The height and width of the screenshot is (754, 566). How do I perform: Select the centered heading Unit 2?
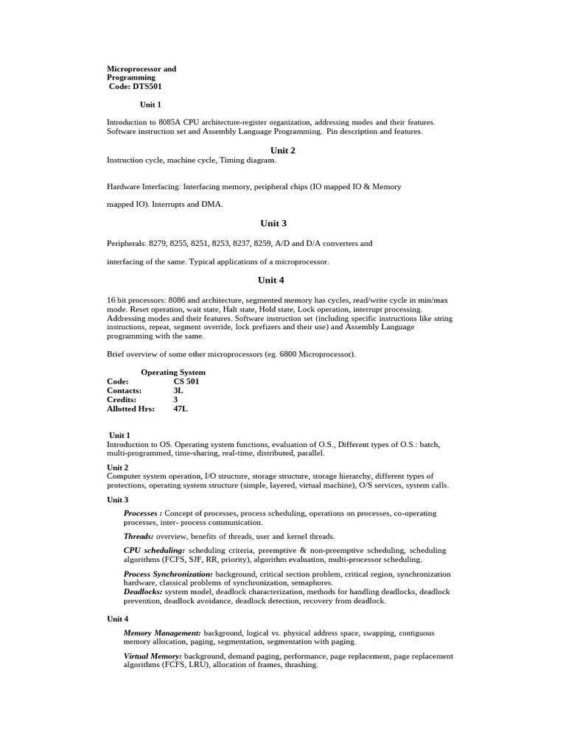click(282, 150)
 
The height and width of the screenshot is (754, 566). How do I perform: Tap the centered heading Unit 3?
click(273, 223)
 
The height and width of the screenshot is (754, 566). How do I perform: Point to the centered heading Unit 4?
click(270, 280)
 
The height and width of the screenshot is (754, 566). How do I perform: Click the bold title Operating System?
click(173, 373)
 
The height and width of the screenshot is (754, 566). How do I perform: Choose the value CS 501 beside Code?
click(186, 381)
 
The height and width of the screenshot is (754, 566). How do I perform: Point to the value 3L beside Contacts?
click(178, 390)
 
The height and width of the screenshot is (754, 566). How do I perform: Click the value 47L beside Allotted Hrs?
click(181, 408)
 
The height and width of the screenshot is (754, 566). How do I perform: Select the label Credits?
click(122, 399)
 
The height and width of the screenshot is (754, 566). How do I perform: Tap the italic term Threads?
click(139, 536)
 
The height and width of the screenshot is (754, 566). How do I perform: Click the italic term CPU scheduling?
click(154, 550)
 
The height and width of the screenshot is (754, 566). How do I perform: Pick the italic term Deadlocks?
click(143, 591)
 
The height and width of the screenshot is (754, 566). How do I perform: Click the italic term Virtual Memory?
click(153, 655)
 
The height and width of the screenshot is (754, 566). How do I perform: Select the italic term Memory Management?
click(162, 633)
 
